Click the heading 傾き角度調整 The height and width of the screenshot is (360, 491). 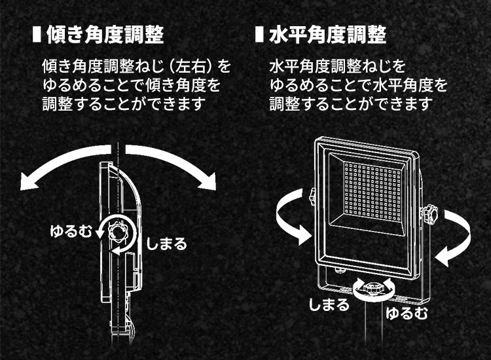click(x=105, y=34)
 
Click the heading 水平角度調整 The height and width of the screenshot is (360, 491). click(x=327, y=34)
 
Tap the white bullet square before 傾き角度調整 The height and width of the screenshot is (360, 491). click(x=37, y=34)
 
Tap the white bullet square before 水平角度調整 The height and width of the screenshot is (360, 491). click(x=259, y=34)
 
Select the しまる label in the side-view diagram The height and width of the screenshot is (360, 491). click(x=166, y=244)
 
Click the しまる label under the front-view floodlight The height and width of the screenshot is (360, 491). click(x=329, y=305)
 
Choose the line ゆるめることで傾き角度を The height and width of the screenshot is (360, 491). click(x=131, y=85)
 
